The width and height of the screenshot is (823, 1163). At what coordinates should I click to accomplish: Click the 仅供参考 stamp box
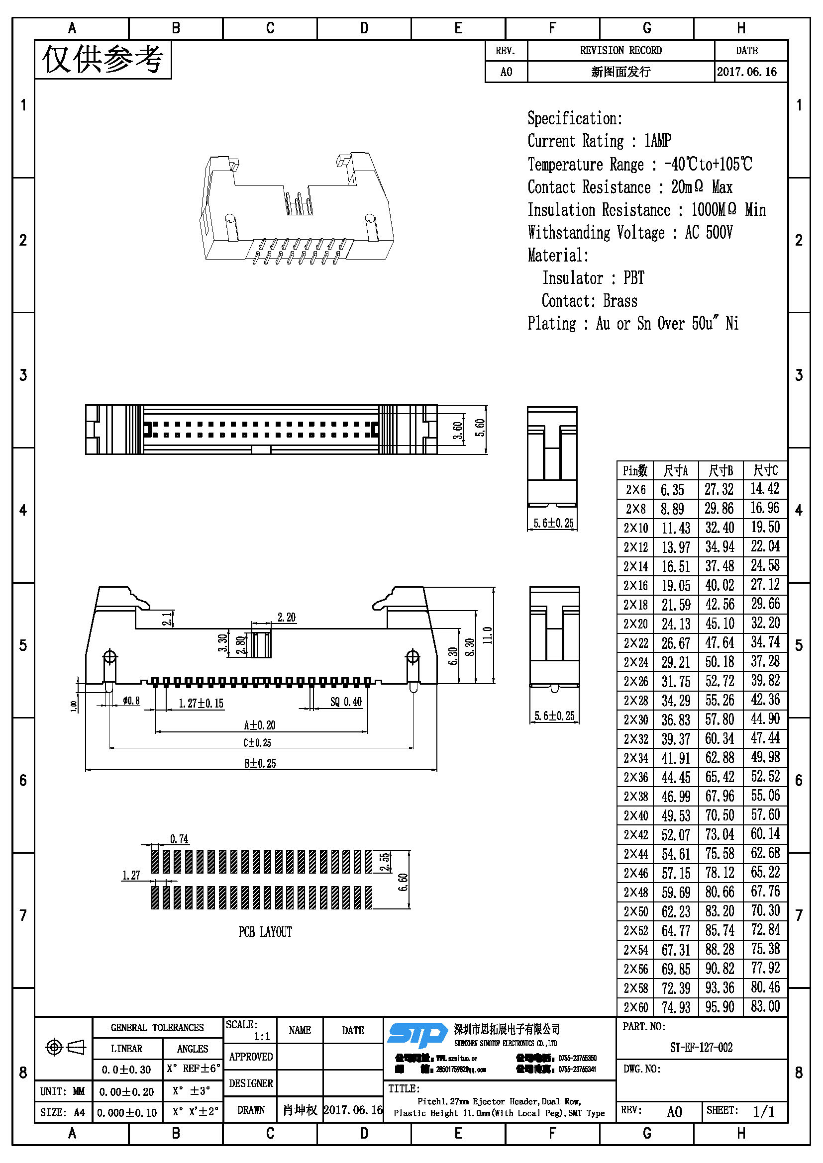pyautogui.click(x=103, y=60)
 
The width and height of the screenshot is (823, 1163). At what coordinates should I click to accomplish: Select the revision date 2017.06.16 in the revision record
pyautogui.click(x=746, y=72)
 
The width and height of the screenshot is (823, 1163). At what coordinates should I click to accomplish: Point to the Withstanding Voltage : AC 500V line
pyautogui.click(x=629, y=233)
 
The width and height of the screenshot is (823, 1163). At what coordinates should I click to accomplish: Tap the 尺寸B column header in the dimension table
pyautogui.click(x=720, y=471)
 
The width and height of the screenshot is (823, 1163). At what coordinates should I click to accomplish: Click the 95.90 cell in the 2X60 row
pyautogui.click(x=720, y=1007)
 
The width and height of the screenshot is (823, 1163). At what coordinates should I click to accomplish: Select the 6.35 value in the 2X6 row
pyautogui.click(x=673, y=490)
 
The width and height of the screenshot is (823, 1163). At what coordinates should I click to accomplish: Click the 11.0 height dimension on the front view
pyautogui.click(x=488, y=635)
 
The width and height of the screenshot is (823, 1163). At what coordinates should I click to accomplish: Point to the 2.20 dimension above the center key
pyautogui.click(x=286, y=617)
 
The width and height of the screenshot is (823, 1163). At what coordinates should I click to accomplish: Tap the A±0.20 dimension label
pyautogui.click(x=260, y=725)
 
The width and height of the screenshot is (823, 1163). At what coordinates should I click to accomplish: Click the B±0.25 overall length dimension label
pyautogui.click(x=260, y=763)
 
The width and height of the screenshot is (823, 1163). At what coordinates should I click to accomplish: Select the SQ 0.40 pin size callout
pyautogui.click(x=346, y=702)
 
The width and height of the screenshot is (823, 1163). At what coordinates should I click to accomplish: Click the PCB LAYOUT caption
pyautogui.click(x=265, y=932)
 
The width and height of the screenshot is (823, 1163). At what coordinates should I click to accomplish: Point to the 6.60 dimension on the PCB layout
pyautogui.click(x=403, y=884)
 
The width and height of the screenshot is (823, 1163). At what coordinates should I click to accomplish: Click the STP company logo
pyautogui.click(x=416, y=1035)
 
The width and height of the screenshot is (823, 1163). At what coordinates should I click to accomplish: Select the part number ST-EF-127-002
pyautogui.click(x=702, y=1048)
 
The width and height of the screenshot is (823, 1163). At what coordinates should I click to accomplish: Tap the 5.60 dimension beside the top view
pyautogui.click(x=480, y=428)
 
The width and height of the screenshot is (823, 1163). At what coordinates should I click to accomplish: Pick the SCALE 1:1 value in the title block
pyautogui.click(x=262, y=1036)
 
